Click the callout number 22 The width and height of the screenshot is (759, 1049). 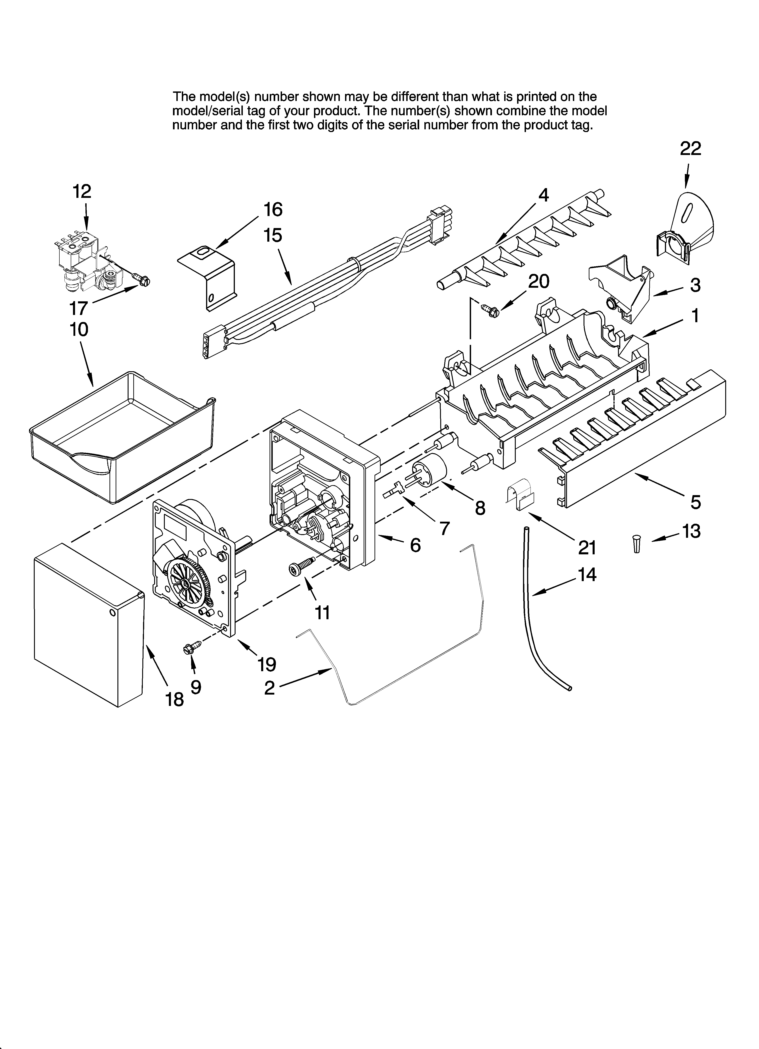pyautogui.click(x=690, y=148)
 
